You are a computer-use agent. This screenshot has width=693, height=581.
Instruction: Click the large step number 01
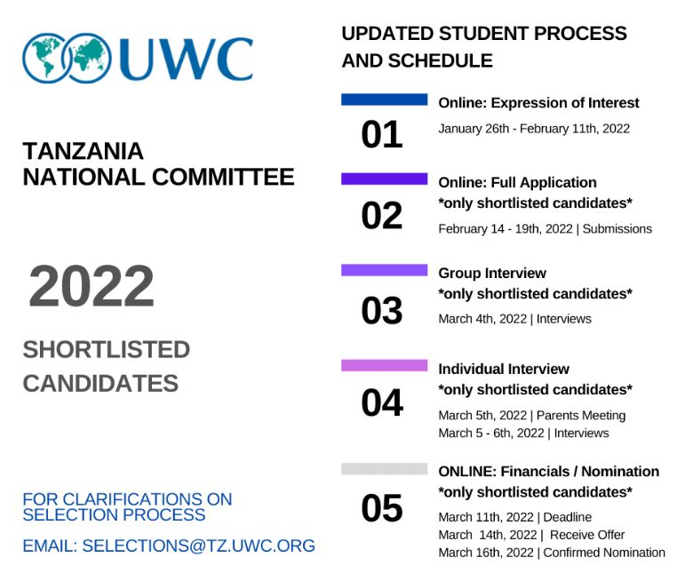(x=382, y=134)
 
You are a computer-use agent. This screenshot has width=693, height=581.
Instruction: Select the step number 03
(x=382, y=310)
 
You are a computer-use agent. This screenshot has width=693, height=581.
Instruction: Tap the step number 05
(x=382, y=508)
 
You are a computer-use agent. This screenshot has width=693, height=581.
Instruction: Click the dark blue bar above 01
(x=384, y=99)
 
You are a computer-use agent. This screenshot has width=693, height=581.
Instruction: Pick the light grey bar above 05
(x=384, y=469)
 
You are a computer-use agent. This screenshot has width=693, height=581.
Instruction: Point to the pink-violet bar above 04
(x=384, y=365)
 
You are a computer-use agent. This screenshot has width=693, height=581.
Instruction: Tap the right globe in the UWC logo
(x=89, y=58)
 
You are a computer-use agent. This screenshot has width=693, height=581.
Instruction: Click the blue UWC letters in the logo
(x=186, y=59)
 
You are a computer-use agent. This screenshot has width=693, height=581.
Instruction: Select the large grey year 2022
(x=92, y=285)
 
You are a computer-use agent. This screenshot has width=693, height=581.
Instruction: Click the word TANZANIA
(x=84, y=151)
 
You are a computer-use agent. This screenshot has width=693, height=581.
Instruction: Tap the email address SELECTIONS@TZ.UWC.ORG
(x=198, y=545)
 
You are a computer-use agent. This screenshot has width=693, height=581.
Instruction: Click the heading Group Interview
(x=492, y=273)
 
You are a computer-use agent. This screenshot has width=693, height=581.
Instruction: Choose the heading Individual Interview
(x=504, y=369)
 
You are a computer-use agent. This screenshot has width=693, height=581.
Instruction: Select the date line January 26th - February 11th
(x=534, y=129)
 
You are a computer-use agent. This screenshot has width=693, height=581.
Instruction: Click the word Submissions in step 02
(x=617, y=229)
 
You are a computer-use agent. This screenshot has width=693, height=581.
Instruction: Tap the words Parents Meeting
(x=581, y=416)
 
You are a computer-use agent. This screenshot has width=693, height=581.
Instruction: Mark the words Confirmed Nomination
(x=604, y=553)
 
